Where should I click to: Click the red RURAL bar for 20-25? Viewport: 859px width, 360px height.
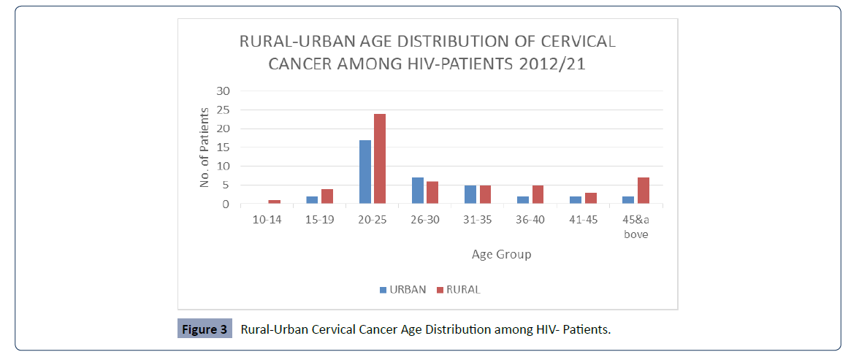tap(380, 158)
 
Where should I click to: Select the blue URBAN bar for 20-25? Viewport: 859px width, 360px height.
tap(365, 172)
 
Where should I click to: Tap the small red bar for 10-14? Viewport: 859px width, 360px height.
tap(274, 202)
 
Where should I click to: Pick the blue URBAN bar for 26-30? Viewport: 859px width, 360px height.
tap(418, 191)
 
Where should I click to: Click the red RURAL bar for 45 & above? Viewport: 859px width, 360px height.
tap(643, 191)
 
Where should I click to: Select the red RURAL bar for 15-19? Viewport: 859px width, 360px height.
tap(327, 196)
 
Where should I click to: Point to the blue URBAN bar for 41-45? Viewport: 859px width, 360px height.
tap(576, 200)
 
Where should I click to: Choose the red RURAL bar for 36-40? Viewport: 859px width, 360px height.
tap(538, 194)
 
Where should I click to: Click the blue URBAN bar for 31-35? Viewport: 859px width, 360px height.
tap(470, 194)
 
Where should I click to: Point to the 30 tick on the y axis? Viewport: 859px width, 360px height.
tap(222, 91)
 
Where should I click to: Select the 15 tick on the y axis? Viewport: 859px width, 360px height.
tap(222, 148)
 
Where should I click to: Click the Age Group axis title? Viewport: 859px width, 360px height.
tap(501, 254)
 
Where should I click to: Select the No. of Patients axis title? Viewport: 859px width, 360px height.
tap(205, 147)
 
